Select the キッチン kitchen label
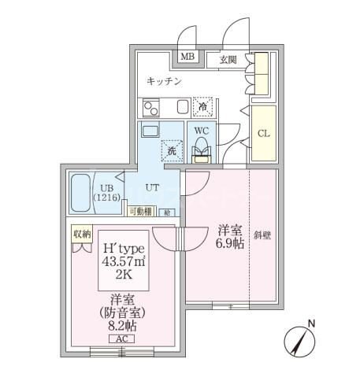165,81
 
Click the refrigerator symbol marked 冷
203,106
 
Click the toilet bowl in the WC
202,147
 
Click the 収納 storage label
83,234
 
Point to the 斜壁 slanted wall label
262,235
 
